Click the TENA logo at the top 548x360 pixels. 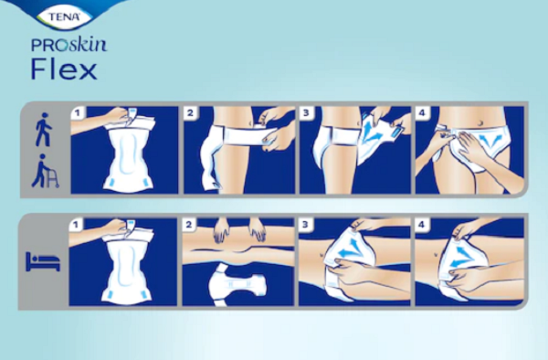point(63,16)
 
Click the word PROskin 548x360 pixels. point(68,46)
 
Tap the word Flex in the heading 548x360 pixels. point(64,69)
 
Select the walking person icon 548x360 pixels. point(45,130)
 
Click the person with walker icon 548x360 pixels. point(45,171)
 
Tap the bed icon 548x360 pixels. point(43,261)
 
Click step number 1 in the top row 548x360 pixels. point(78,113)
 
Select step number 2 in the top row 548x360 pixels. point(190,113)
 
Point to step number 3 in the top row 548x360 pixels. point(306,113)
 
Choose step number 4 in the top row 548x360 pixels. point(422,113)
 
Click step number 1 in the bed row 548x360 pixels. point(76,226)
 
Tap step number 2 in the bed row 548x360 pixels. point(189,225)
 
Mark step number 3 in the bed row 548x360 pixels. point(305,225)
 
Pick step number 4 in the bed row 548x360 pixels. point(421,225)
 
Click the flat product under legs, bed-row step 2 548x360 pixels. point(238,285)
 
